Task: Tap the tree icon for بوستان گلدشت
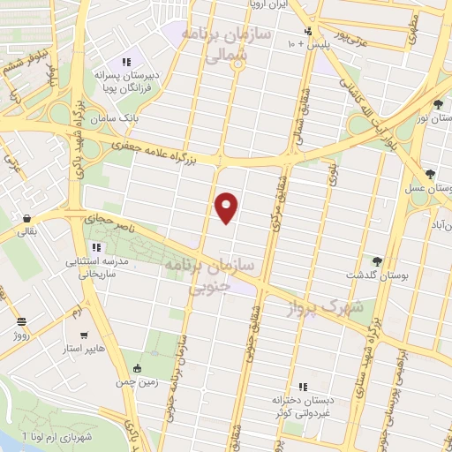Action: (x=377, y=260)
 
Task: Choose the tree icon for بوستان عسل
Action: (x=429, y=174)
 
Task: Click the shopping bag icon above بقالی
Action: (x=27, y=218)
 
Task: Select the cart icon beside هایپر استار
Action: (x=84, y=335)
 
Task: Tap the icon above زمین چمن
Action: (x=135, y=367)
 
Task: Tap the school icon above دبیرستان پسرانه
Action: (x=126, y=62)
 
